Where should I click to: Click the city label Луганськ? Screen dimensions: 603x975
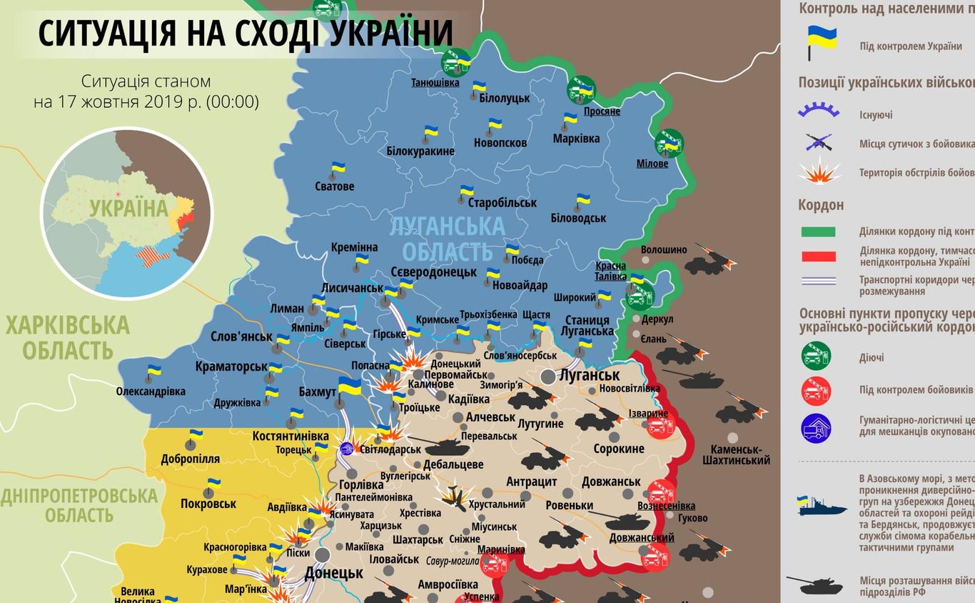[x=590, y=375]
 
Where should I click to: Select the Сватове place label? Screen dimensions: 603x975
[x=334, y=186]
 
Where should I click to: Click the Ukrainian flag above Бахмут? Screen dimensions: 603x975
[x=349, y=387]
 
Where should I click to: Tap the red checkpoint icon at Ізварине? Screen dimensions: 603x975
[x=660, y=427]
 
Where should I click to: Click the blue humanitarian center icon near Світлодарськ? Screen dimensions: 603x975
[x=347, y=449]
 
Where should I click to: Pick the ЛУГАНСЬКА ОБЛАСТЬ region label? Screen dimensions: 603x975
[x=448, y=239]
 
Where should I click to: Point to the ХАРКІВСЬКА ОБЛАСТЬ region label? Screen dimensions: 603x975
[x=68, y=338]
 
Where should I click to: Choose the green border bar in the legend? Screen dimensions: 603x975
[x=818, y=231]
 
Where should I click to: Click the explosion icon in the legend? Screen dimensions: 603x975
[x=819, y=172]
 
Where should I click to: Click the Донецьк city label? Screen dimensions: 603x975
[x=333, y=572]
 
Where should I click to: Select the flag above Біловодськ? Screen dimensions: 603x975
[x=582, y=199]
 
